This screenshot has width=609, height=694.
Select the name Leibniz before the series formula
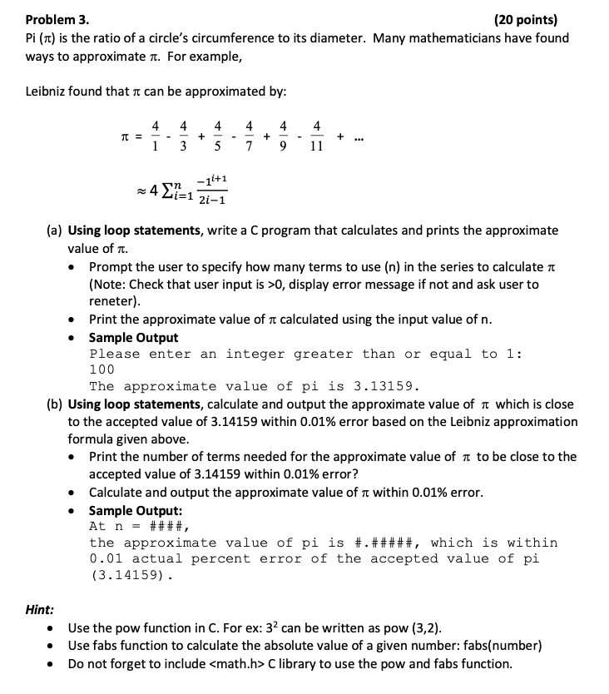pyautogui.click(x=52, y=90)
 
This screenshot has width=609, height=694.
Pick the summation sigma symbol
pyautogui.click(x=168, y=190)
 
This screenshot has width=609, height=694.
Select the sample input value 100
pyautogui.click(x=101, y=369)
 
